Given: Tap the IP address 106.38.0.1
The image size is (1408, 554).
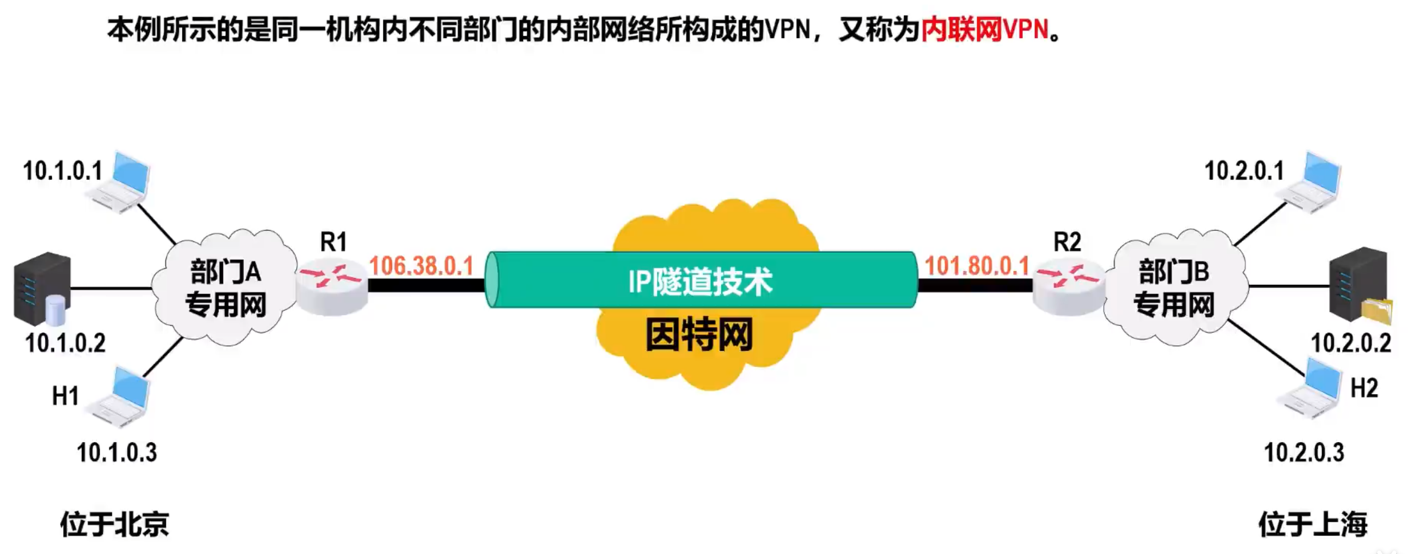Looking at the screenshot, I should pos(421,266).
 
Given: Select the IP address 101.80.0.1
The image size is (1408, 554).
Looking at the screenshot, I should pos(976,266).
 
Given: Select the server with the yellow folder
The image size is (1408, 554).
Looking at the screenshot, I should pos(1359,285).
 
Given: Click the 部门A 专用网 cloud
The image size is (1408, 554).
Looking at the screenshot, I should pos(226,288).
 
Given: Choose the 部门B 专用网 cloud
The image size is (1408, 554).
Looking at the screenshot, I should pos(1174,288).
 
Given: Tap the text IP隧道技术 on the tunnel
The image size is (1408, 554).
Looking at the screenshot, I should pos(700,281).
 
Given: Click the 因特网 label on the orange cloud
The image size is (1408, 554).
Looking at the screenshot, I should pos(699,335).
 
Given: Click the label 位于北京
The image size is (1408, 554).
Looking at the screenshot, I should pos(115,524).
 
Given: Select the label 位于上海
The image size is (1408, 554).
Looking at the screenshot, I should pos(1313,524).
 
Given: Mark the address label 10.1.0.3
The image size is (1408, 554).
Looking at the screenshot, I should pos(117,452).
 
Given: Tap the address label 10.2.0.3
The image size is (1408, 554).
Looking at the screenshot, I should pos(1304,452).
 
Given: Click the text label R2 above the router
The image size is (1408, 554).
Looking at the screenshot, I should pos(1067,242).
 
